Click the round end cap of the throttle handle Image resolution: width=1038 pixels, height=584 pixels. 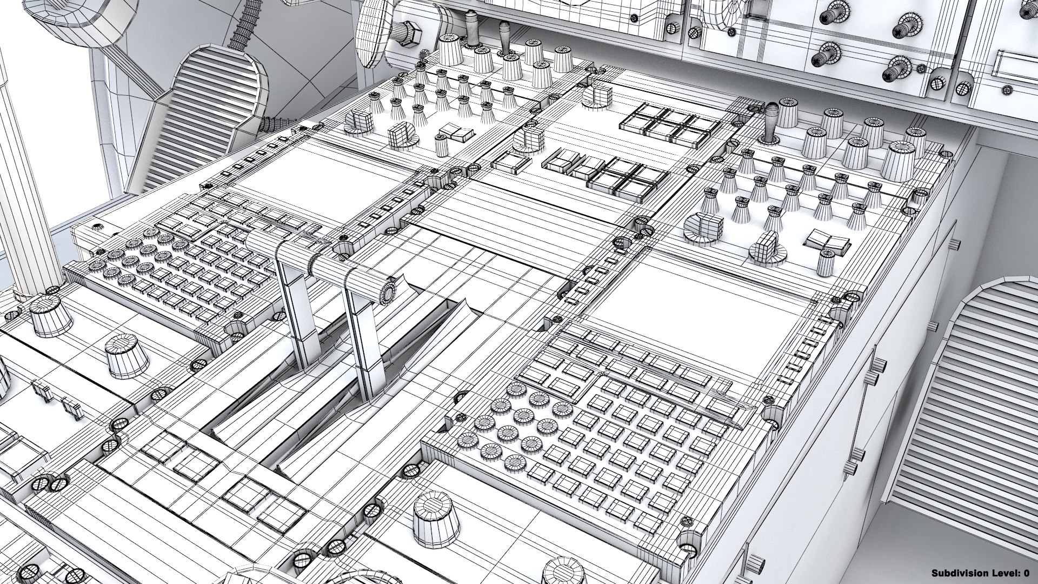tap(387, 292)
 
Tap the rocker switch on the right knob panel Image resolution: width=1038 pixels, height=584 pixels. tap(827, 242)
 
